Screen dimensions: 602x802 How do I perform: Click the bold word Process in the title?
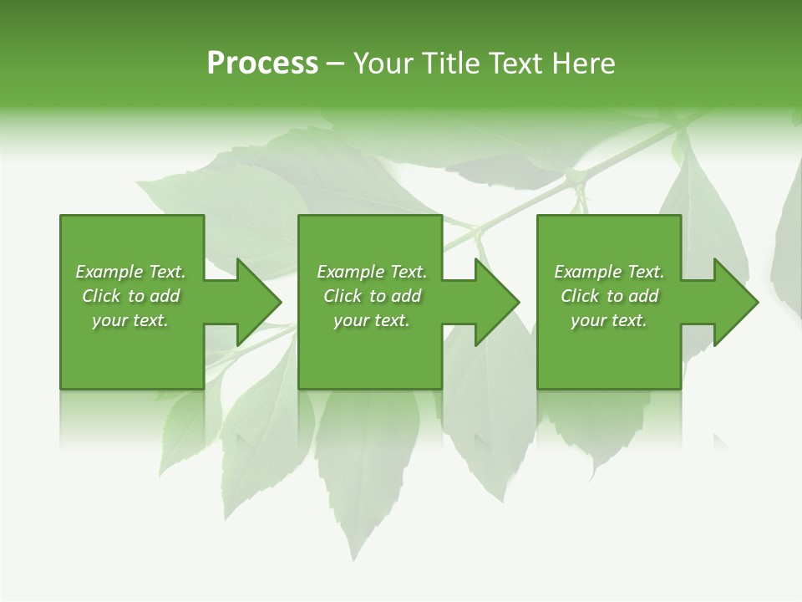pos(262,64)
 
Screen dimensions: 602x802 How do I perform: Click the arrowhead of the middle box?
pos(495,302)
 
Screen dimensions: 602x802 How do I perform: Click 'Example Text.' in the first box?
pos(130,272)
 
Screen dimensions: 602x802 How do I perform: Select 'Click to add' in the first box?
pos(130,296)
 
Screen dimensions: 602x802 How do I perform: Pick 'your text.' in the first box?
pos(130,320)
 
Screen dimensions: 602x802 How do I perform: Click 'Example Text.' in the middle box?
pos(372,272)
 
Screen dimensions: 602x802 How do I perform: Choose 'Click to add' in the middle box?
pos(372,296)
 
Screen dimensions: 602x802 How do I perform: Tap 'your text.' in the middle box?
pos(372,320)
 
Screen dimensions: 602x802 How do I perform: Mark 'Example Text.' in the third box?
pos(609,272)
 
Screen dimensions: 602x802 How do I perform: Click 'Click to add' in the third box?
pos(609,296)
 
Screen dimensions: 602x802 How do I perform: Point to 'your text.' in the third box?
pos(609,320)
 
